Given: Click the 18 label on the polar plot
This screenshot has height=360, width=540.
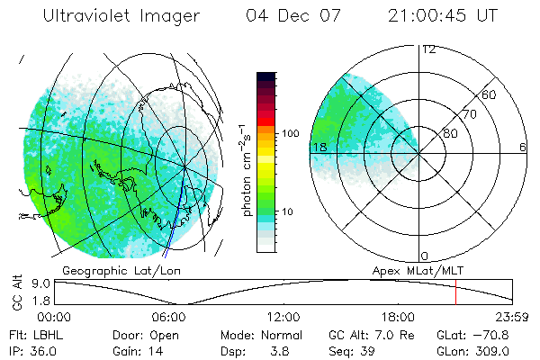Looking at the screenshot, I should tap(319, 148).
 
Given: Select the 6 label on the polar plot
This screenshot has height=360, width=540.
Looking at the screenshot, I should tap(522, 148).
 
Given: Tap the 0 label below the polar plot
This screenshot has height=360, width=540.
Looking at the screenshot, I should tap(424, 256).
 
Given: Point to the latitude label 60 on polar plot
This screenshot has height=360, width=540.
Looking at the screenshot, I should tap(490, 94).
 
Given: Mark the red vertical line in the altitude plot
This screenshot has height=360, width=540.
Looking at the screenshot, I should tap(455, 292).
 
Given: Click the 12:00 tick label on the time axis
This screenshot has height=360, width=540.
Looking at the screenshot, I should tap(283, 317).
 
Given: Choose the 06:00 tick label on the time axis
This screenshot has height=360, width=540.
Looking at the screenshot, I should tap(169, 317).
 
